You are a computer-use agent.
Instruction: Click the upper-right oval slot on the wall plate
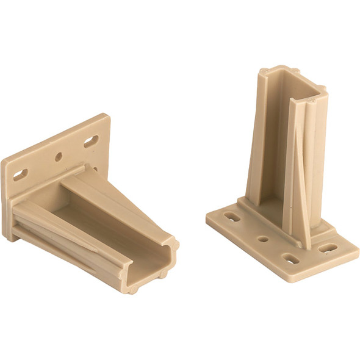click(90, 142)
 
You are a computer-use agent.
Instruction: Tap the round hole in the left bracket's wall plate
click(59, 157)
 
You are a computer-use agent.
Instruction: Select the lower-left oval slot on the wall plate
click(20, 175)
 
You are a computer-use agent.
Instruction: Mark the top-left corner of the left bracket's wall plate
click(4, 160)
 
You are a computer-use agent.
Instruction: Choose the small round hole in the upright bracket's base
click(263, 239)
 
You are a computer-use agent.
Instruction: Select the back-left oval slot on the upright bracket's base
click(231, 216)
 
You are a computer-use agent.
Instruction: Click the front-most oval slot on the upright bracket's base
click(291, 259)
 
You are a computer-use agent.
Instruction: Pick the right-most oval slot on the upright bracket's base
click(328, 248)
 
